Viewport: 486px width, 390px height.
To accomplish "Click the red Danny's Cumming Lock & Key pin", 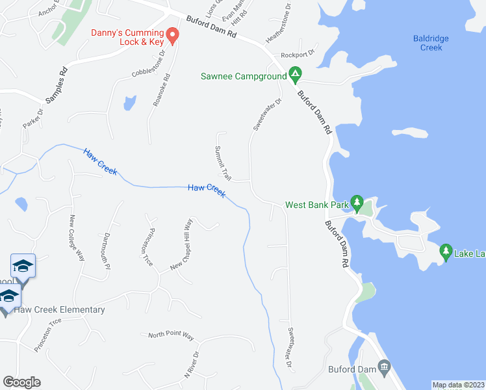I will click(x=172, y=35).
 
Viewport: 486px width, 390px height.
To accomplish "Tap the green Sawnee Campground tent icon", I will click(x=294, y=76).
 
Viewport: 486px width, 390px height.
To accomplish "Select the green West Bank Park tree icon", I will click(x=357, y=204).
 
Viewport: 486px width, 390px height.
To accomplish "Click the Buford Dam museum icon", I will click(x=384, y=369).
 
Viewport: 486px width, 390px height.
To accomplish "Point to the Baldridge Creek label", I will click(x=431, y=43).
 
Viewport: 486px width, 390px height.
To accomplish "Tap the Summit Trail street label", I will click(x=222, y=164).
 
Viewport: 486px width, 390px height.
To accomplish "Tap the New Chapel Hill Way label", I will click(x=183, y=245).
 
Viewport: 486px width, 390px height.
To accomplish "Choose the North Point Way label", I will click(x=171, y=335).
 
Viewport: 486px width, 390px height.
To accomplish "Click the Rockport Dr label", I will click(x=298, y=55).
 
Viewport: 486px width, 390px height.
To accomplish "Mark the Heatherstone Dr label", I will click(x=277, y=23).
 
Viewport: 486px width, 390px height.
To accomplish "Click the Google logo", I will click(x=21, y=382).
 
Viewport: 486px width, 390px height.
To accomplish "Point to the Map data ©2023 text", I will click(x=458, y=385).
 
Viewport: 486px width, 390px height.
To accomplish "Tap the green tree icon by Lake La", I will click(x=446, y=251).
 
